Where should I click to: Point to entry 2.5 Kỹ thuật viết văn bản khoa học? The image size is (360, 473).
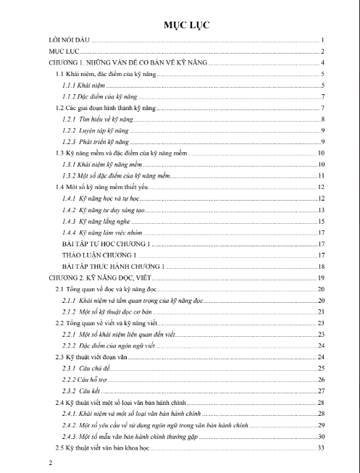click(x=101, y=446)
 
